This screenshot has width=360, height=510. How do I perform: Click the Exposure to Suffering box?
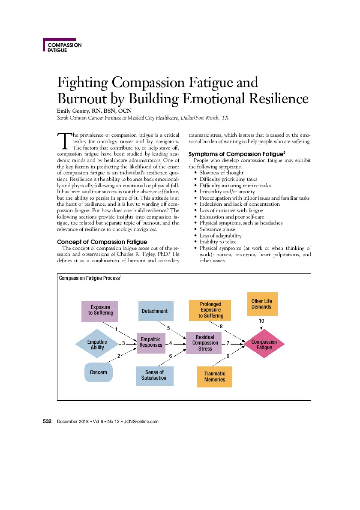pos(100,311)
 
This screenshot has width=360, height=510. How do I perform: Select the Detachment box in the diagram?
pos(156,311)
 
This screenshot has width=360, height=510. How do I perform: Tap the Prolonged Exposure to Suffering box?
pos(210,310)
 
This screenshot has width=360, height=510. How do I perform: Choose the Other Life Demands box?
pos(262,304)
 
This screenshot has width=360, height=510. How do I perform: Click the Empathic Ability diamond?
pos(97,344)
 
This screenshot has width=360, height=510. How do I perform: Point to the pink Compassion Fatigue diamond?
pos(264,344)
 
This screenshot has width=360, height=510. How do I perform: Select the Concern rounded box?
pos(99,372)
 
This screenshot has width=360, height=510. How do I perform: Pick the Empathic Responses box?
pos(151,343)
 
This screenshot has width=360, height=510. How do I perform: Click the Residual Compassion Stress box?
pos(204,343)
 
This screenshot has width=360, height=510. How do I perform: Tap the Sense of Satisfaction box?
pos(155,376)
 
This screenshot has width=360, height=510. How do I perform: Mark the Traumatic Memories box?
pos(215,377)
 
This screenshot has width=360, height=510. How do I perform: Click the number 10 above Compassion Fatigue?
pos(261,321)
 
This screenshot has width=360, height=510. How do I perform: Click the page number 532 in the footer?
pos(47,421)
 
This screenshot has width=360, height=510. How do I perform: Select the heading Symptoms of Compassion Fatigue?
pos(237,154)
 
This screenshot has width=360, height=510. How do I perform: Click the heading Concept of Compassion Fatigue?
pos(102,242)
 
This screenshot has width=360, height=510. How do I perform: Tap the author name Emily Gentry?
pos(73,111)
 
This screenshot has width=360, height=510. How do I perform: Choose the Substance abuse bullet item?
pos(217,229)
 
